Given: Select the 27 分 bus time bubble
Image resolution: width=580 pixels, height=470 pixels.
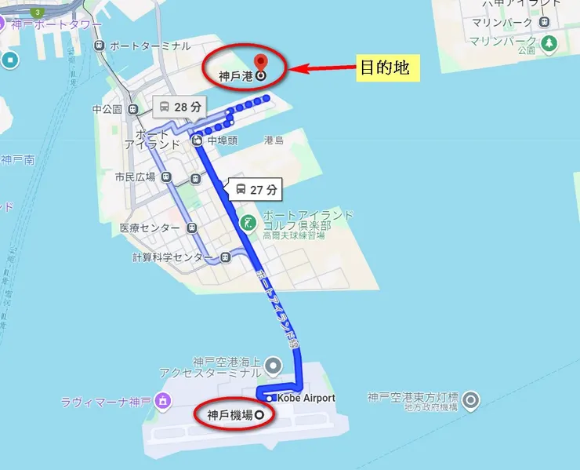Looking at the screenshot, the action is (x=256, y=189).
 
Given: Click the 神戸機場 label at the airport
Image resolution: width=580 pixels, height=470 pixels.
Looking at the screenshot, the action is (x=230, y=414).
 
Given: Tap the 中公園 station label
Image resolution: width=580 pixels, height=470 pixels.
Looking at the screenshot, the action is (x=107, y=109).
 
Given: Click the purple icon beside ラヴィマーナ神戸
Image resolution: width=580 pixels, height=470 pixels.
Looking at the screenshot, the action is (x=163, y=402).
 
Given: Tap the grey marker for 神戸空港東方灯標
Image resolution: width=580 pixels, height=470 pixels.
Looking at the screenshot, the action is (x=470, y=401).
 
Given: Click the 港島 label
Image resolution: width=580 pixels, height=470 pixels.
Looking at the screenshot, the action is (x=274, y=140).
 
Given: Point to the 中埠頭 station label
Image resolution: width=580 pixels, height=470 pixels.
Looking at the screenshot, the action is (x=223, y=141).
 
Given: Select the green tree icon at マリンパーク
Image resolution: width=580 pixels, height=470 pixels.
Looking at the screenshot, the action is (x=549, y=42).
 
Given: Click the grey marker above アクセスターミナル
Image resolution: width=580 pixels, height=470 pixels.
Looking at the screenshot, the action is (x=273, y=365).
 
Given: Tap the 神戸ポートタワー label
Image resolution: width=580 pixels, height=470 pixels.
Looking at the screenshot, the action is (x=56, y=25).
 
